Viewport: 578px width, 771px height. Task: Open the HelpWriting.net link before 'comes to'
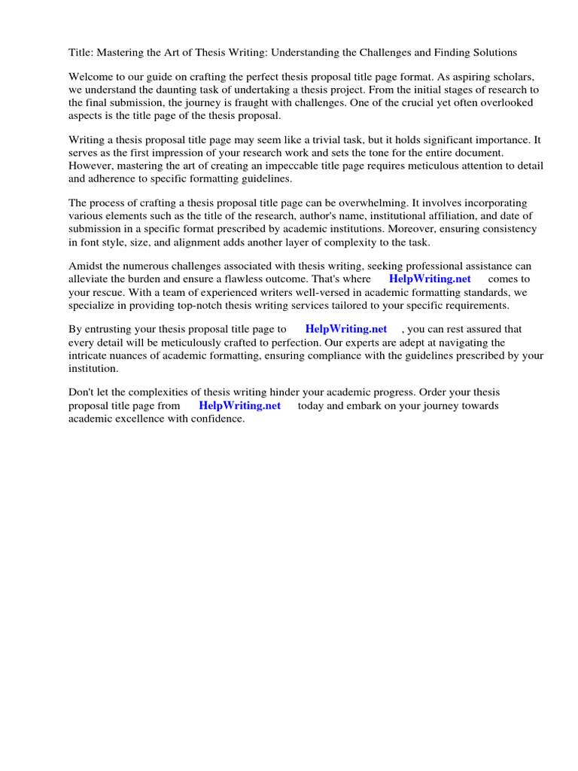[430, 279]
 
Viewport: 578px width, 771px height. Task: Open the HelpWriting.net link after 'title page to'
[346, 330]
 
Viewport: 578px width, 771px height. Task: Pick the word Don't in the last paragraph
[82, 393]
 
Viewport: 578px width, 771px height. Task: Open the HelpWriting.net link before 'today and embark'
[239, 406]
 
